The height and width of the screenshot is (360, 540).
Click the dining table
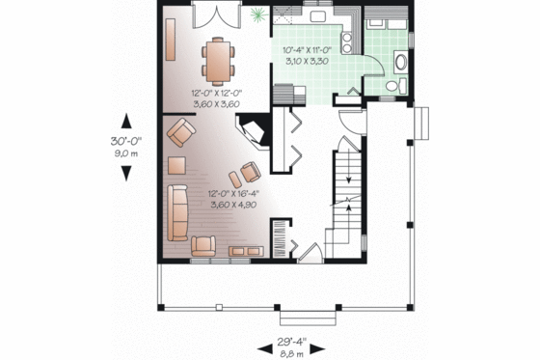219,60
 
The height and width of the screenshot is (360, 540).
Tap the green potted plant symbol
256,14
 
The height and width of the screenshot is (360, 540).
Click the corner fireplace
255,133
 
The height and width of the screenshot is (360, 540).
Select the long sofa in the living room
177,211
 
